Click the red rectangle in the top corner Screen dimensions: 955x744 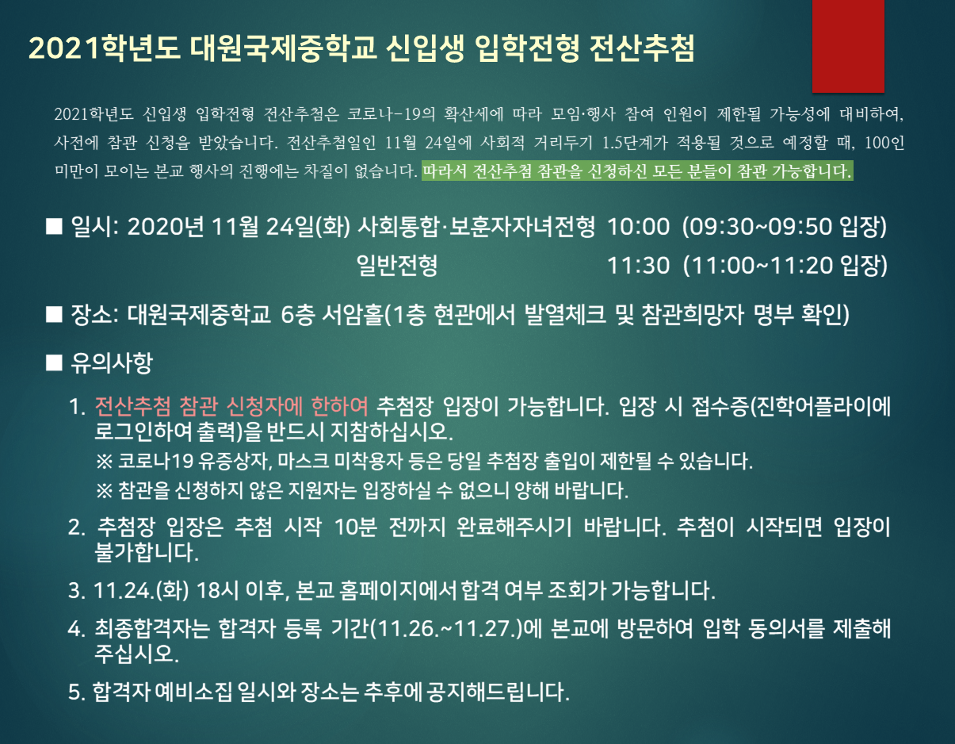point(848,46)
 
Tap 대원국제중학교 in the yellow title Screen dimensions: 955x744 point(284,48)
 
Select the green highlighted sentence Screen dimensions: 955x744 point(637,171)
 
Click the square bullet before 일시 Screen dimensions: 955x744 point(54,227)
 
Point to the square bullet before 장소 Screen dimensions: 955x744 point(54,315)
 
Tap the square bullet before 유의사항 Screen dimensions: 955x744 point(54,363)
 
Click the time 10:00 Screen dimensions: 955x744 point(638,227)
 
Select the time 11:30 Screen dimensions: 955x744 point(638,266)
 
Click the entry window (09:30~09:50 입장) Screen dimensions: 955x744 point(785,227)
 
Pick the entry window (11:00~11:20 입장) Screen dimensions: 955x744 point(785,266)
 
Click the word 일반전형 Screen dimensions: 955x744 point(397,266)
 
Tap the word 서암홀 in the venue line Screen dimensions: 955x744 point(353,315)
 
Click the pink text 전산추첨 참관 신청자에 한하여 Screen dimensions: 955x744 point(231,406)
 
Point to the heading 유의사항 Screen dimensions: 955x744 point(111,363)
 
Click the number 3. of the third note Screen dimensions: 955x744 point(76,591)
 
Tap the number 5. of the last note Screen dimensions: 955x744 point(76,692)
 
